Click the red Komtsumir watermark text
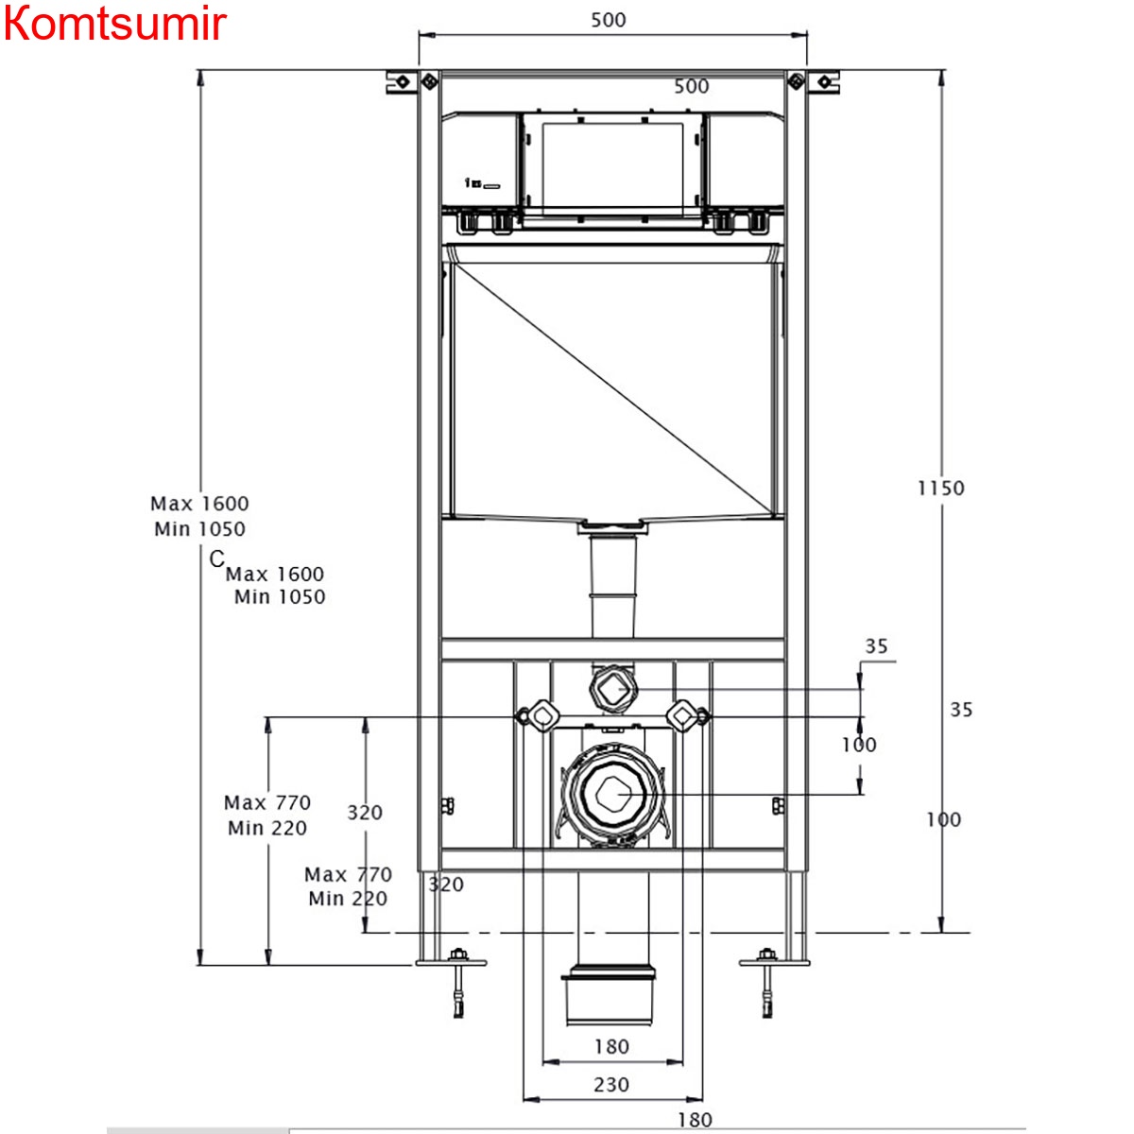tap(114, 24)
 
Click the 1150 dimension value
tap(941, 488)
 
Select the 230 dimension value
tap(610, 1085)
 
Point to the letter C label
tap(216, 559)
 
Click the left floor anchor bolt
tap(458, 983)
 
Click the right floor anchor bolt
tap(767, 983)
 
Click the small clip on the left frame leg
tap(448, 805)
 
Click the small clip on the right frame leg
tap(778, 805)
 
